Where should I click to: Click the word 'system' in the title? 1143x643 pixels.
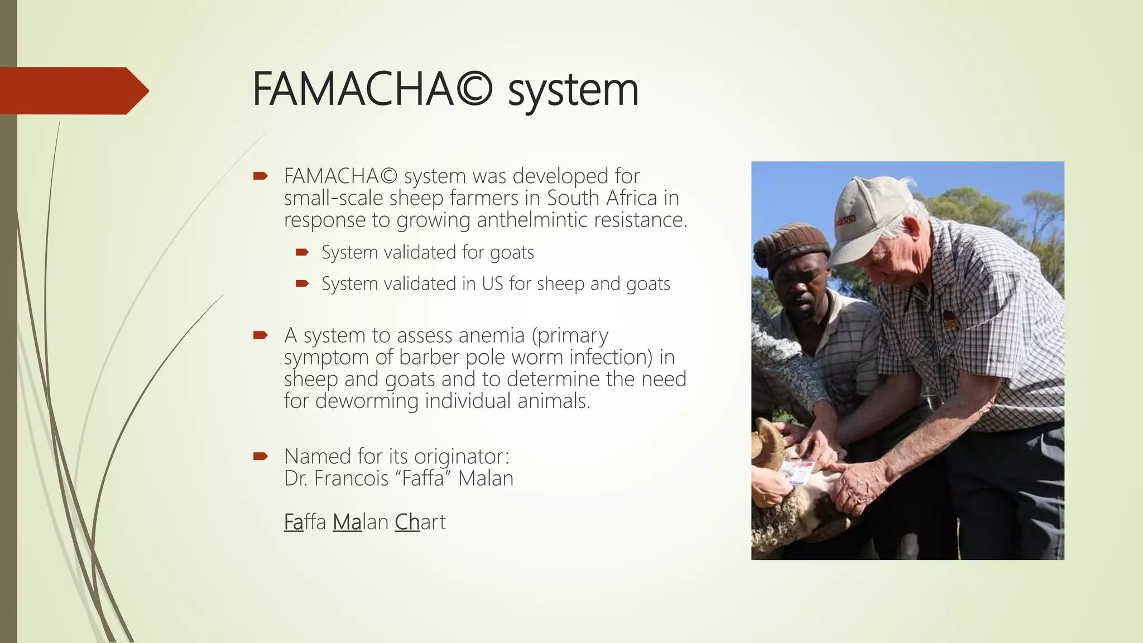573,90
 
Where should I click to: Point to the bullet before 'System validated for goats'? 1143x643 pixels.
302,253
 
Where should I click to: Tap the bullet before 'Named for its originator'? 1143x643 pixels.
260,457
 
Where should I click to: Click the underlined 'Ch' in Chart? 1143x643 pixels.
407,522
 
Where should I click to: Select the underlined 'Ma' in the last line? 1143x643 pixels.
347,522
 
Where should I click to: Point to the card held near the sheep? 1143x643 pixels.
798,472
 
